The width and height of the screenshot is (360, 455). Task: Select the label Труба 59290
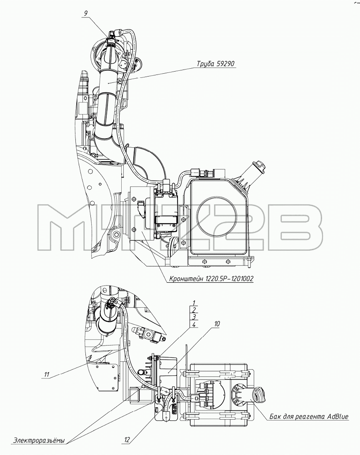(x=215, y=64)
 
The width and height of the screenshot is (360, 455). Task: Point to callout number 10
(x=217, y=323)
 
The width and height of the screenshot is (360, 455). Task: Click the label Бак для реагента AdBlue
(x=309, y=417)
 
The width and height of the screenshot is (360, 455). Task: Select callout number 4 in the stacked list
(x=194, y=324)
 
